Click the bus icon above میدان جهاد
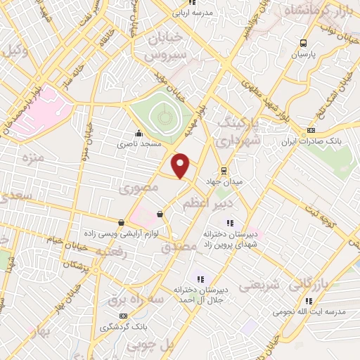[x=224, y=170]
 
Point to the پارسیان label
[x=304, y=53]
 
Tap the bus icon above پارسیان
[x=303, y=41]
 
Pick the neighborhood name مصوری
[x=135, y=188]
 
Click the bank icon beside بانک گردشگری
[x=124, y=316]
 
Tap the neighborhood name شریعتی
[x=260, y=285]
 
